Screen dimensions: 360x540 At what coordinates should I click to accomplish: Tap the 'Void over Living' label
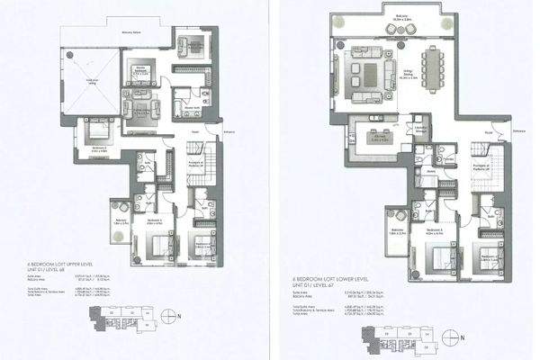coord(92,81)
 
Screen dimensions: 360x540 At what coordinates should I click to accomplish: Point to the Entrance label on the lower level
coord(519,132)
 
